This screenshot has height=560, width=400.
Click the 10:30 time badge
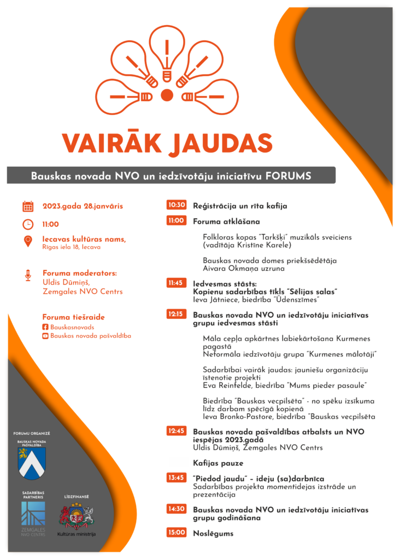(x=177, y=206)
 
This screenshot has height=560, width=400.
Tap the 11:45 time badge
(x=177, y=283)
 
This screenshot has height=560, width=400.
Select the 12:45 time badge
(x=177, y=431)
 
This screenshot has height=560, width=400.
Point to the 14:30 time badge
(x=177, y=509)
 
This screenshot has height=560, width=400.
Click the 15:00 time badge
(x=177, y=533)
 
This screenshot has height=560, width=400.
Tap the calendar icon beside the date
(x=28, y=206)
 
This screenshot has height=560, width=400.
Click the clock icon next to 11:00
(x=28, y=224)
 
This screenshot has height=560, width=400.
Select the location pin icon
(x=28, y=241)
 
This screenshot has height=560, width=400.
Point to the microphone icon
(x=28, y=275)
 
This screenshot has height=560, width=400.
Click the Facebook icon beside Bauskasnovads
(x=45, y=327)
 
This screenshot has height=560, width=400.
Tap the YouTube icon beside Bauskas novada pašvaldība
(x=45, y=336)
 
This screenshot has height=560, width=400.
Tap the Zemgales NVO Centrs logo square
(x=33, y=513)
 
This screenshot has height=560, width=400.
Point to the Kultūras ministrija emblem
(x=77, y=516)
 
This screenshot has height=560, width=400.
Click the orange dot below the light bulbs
(x=167, y=95)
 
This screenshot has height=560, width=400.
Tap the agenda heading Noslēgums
(x=213, y=533)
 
